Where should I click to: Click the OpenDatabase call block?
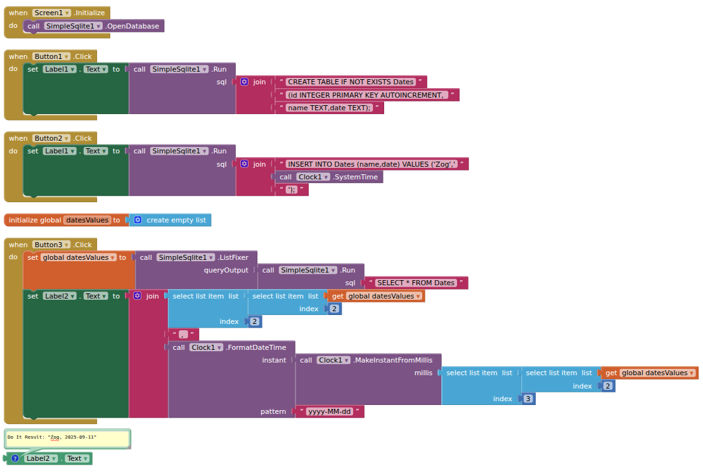(134, 26)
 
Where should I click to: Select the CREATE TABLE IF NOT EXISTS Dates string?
(351, 82)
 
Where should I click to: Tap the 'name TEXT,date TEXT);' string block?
(329, 108)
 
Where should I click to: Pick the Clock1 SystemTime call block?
(354, 177)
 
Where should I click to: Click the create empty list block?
(176, 220)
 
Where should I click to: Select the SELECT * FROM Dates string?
(416, 283)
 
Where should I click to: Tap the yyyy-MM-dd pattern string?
(329, 411)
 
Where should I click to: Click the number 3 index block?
(528, 399)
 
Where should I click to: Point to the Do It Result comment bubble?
(67, 437)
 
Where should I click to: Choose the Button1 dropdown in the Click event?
(52, 56)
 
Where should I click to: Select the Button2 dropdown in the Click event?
(52, 138)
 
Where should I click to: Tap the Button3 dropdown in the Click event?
(52, 245)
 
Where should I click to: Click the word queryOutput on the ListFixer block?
(226, 270)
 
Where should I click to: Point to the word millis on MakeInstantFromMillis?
(423, 373)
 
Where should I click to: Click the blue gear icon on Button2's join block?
(245, 164)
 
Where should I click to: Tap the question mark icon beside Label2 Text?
(15, 458)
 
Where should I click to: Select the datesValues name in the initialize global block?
(87, 220)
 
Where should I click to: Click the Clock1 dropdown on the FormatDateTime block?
(207, 347)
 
